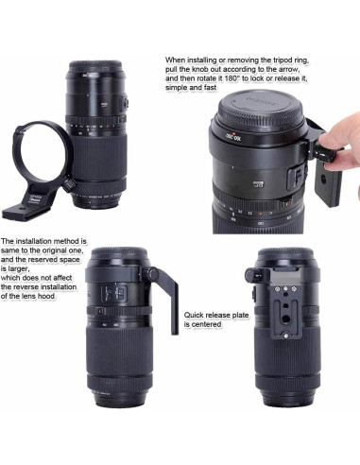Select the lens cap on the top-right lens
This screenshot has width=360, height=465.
point(261,106)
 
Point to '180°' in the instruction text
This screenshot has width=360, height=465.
point(232,78)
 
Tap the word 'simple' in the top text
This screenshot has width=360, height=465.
point(177,88)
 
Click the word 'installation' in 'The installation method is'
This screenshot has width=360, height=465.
point(33,241)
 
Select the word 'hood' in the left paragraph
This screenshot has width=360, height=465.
point(46,296)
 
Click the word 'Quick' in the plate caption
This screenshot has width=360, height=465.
point(195,315)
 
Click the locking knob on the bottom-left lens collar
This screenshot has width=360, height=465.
point(150,273)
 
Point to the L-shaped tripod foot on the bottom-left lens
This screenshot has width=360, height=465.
point(173,299)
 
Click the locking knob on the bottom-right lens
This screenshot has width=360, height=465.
point(253,274)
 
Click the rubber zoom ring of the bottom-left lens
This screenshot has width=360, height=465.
point(119,349)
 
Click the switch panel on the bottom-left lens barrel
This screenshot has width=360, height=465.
point(114,293)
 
